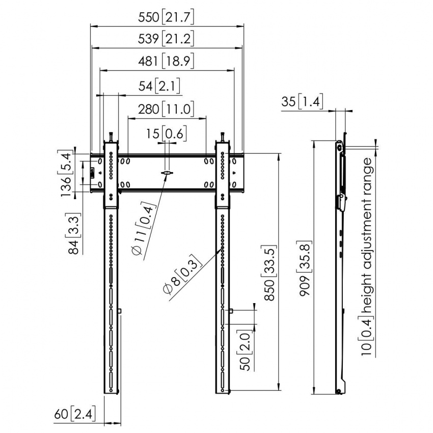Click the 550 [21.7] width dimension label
166,17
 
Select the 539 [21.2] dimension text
166,39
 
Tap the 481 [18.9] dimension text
166,61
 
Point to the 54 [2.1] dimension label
159,86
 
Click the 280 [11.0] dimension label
166,109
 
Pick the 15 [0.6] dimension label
166,133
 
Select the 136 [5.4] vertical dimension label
66,173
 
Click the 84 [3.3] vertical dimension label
74,233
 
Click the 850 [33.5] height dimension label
269,273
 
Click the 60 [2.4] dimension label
75,414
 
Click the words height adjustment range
368,235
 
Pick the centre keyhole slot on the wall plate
167,173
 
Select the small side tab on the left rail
120,311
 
